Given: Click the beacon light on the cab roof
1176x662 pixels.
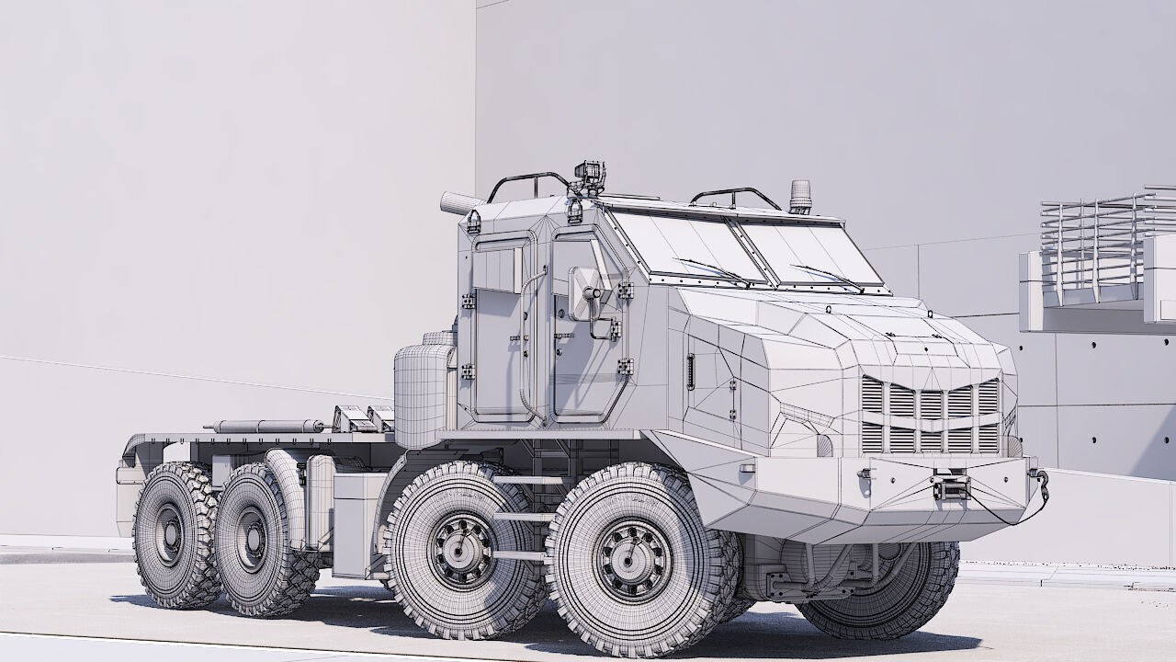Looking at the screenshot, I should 800,196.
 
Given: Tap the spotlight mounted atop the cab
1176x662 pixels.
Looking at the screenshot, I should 588,176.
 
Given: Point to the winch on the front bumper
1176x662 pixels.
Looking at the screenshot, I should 949,485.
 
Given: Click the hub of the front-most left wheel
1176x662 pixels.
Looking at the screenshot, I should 633,559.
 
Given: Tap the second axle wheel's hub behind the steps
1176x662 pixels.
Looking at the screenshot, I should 461,550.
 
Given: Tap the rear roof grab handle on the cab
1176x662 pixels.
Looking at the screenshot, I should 527,182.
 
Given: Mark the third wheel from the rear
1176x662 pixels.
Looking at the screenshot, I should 459,550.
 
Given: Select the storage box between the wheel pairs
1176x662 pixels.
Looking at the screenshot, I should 353,524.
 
